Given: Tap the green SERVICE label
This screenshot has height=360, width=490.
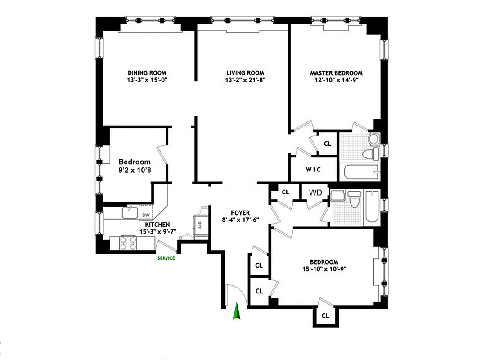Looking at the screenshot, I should pos(166,258).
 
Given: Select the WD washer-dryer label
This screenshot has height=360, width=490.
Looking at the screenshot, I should pos(315,193).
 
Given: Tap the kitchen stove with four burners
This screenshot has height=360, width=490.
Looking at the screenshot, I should pos(128,243).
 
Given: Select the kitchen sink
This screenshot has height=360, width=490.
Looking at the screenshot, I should pos(131,210).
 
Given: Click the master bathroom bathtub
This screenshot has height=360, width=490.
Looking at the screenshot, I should pos(360,172).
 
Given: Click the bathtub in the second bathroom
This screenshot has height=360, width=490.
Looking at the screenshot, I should pos(372,207).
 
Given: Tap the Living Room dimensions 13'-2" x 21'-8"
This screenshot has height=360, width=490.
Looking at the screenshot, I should pos(245,81).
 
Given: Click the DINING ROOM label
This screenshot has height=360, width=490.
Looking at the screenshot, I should pos(147,73).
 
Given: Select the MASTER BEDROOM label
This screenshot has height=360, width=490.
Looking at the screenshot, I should pos(336,73).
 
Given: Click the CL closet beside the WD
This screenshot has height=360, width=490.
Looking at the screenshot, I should pos(285,192).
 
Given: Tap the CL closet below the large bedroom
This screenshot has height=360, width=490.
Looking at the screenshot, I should pos(325,316).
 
